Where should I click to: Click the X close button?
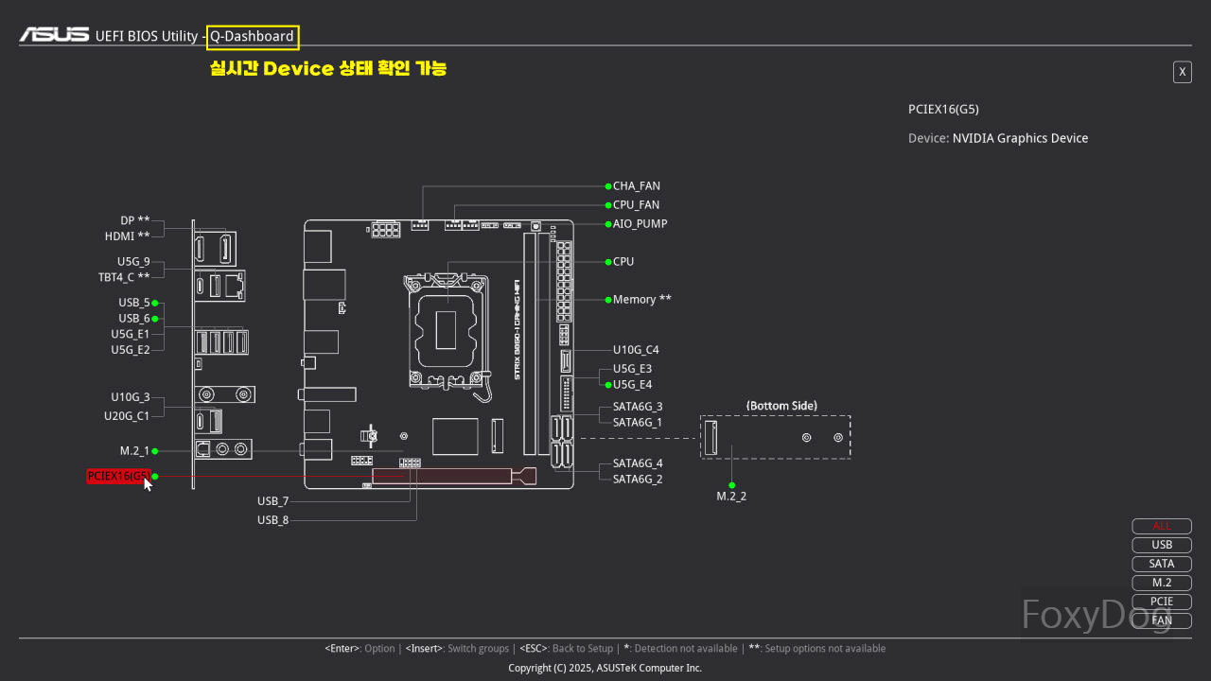(x=1182, y=72)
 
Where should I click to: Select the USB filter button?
(x=1162, y=545)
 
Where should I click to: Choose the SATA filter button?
(x=1162, y=564)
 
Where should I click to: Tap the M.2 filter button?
(x=1162, y=583)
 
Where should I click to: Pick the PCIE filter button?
(x=1162, y=602)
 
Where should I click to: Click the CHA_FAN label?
(x=636, y=186)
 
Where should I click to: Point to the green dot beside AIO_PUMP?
(x=607, y=224)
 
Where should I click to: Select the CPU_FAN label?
(x=636, y=205)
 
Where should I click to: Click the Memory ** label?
(x=641, y=300)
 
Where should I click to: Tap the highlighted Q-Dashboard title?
(x=252, y=37)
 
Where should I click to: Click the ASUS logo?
(x=55, y=36)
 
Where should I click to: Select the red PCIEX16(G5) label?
(x=117, y=477)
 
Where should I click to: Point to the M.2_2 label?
(x=731, y=497)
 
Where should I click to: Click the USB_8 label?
(x=272, y=520)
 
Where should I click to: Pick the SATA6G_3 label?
(x=638, y=407)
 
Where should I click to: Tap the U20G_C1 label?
(x=127, y=416)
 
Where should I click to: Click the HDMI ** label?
(x=127, y=236)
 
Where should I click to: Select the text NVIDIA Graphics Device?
(x=1020, y=138)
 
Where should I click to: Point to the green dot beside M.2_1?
(x=155, y=451)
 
